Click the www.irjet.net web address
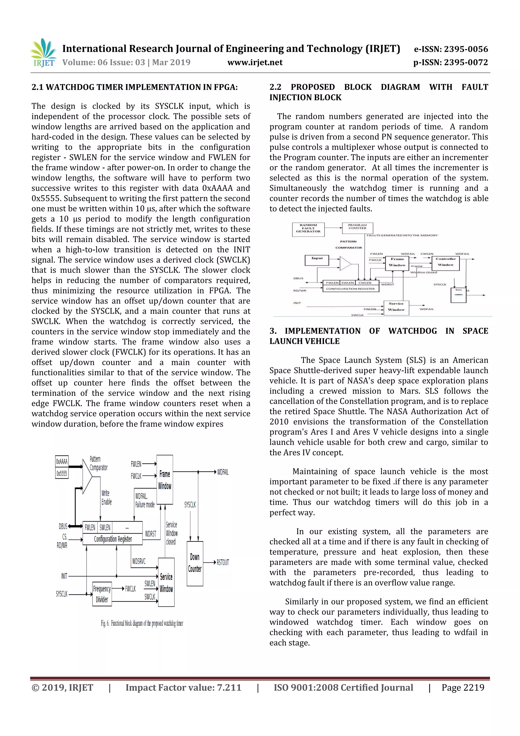tap(255, 62)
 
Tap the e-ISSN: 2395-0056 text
tap(451, 49)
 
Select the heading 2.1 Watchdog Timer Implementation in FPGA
tap(135, 87)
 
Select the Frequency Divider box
tap(102, 594)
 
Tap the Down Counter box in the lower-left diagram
tap(195, 563)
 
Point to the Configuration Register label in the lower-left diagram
tap(113, 539)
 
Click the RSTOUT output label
tap(223, 562)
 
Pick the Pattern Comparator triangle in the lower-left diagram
tap(87, 476)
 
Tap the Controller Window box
tap(445, 262)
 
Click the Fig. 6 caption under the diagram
tap(142, 623)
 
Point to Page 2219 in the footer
tap(463, 687)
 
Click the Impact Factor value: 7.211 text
tap(183, 687)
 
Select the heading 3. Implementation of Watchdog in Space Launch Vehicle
tap(378, 336)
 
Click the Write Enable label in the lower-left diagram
tap(106, 497)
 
